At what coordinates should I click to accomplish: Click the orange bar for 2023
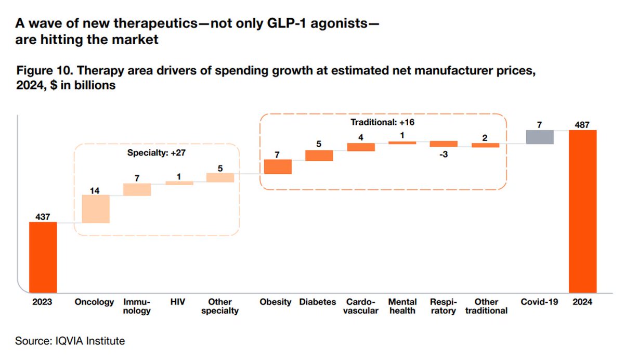click(43, 258)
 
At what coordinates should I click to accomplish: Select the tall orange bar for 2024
click(582, 211)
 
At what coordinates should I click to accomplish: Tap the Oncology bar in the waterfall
click(96, 209)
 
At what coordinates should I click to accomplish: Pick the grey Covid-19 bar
click(540, 137)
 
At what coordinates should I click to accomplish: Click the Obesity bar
click(278, 166)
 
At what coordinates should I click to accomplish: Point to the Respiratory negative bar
click(444, 144)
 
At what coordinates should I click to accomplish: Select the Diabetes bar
click(319, 155)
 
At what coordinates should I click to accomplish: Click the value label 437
click(42, 216)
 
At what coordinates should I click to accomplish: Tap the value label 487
click(582, 124)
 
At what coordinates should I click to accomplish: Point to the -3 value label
click(444, 154)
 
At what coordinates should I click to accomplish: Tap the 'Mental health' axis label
click(402, 306)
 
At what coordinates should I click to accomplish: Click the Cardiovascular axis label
click(361, 306)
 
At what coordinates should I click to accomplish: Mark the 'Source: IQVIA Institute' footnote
click(70, 341)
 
